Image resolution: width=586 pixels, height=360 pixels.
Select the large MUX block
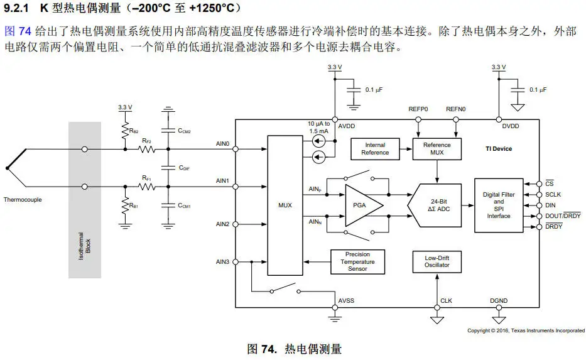[285, 205]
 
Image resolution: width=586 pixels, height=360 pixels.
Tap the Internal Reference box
[375, 149]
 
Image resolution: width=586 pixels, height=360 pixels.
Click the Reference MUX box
[437, 149]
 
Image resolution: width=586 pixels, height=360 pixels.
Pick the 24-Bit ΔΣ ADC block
[435, 205]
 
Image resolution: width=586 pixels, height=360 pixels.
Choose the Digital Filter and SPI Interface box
[498, 205]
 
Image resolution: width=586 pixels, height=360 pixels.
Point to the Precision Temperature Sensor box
[357, 262]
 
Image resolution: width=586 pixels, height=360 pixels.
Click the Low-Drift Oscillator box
[437, 261]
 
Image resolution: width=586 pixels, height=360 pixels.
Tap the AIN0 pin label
[222, 144]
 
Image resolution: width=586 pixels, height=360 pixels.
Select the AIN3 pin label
[222, 261]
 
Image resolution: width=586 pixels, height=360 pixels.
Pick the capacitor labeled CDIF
[168, 168]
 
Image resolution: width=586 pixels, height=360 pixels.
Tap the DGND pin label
[499, 301]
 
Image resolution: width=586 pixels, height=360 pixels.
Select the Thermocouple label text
[23, 200]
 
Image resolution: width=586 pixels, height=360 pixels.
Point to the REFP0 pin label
[418, 109]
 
